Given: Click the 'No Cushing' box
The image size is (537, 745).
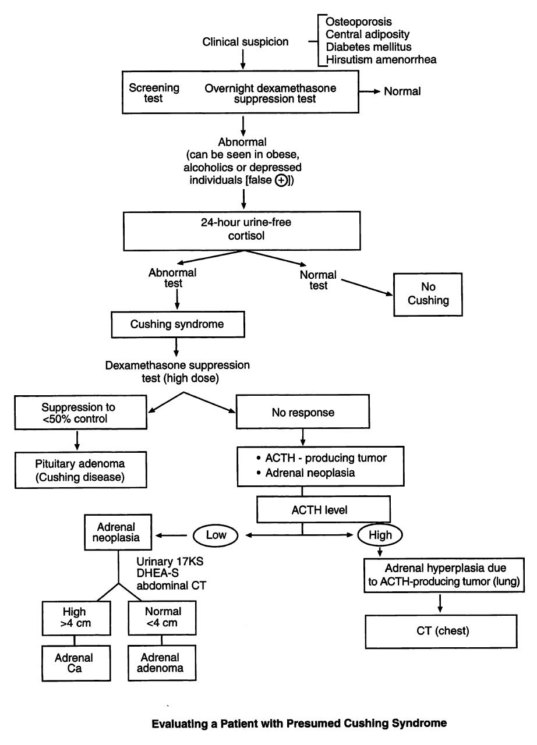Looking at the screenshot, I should (x=429, y=295).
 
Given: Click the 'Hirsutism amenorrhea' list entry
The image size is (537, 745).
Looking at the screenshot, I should (x=381, y=59).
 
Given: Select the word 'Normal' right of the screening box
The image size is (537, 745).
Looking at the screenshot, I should (x=402, y=91).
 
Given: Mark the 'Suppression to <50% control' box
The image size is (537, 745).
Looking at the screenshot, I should (x=76, y=412).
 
